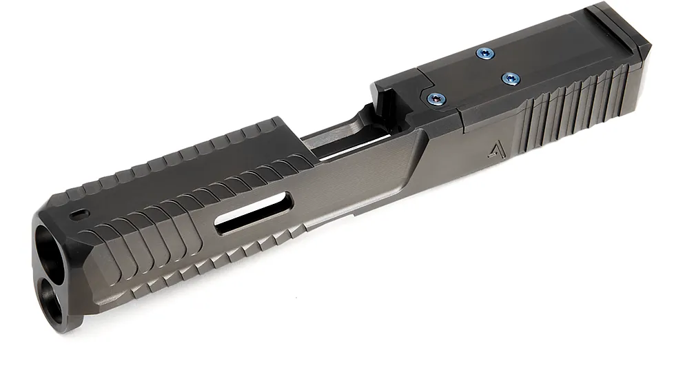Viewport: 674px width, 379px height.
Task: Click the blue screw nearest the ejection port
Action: (434, 99)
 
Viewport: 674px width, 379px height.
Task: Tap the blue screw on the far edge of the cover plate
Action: (485, 53)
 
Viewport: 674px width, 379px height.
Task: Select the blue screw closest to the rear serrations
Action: (510, 77)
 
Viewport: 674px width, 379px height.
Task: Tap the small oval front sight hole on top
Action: (81, 213)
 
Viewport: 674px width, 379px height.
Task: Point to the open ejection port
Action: (345, 138)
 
